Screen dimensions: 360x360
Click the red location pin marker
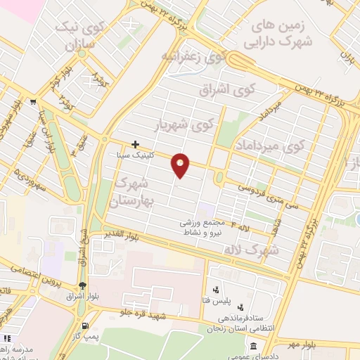tap(181, 165)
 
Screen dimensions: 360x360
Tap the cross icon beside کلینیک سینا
tap(135, 143)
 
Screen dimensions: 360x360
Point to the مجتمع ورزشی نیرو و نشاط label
tap(208, 226)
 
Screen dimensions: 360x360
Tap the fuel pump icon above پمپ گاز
tap(86, 326)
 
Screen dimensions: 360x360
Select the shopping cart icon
tap(33, 101)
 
